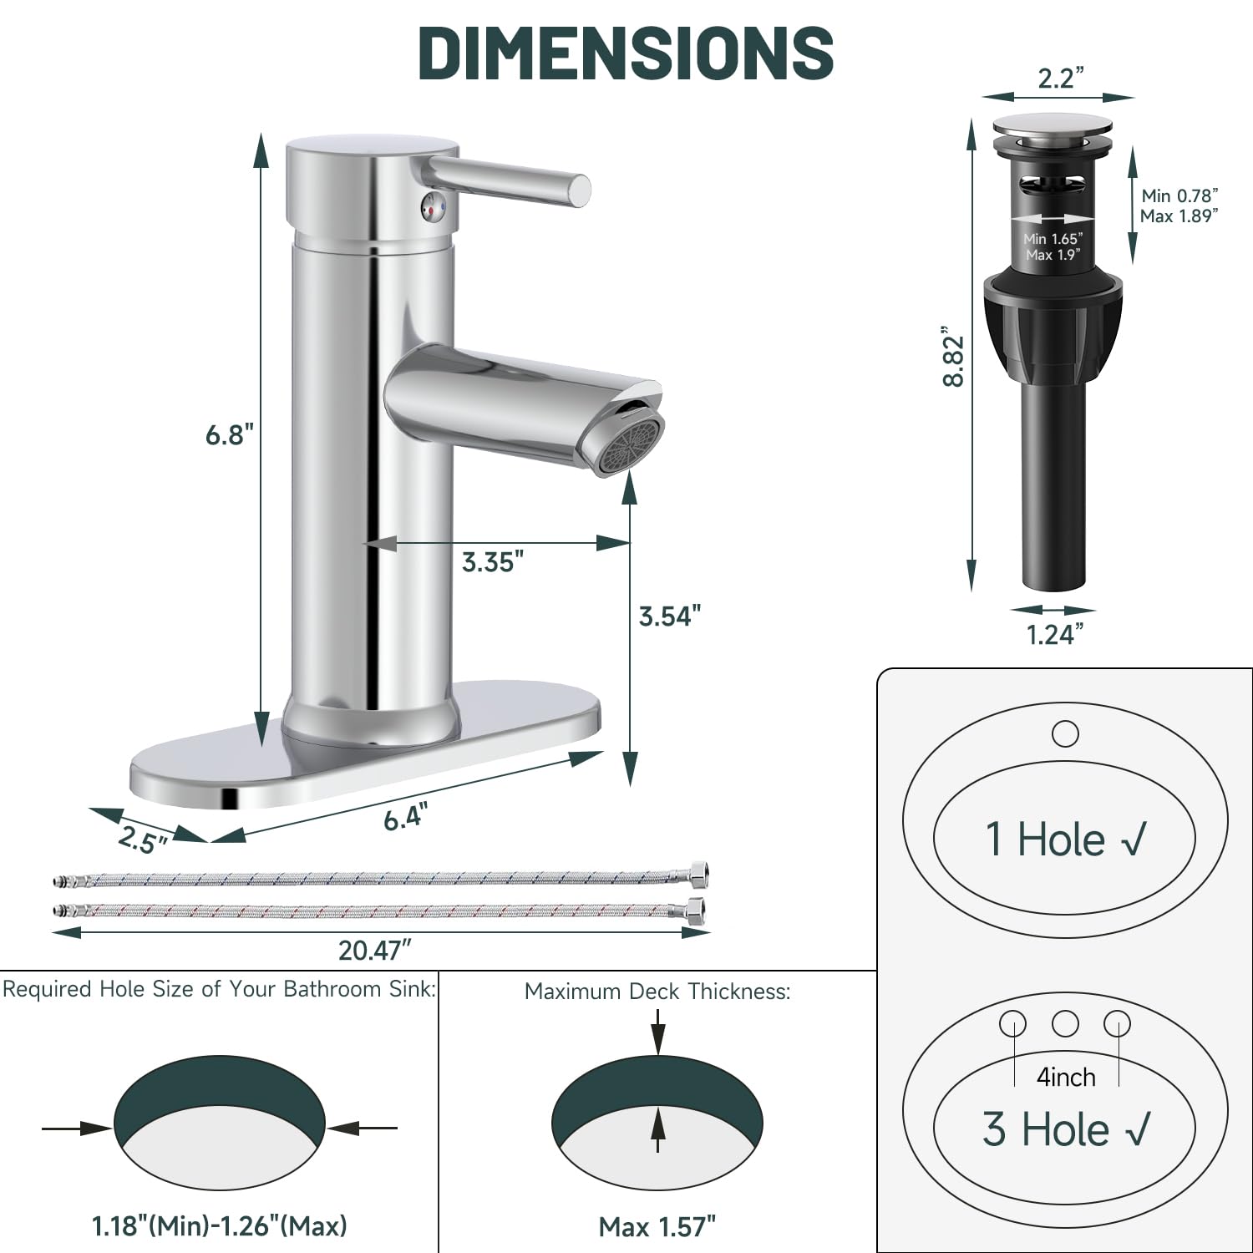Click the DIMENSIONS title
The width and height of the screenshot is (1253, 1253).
626,53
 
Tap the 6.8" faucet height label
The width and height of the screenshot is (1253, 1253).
230,434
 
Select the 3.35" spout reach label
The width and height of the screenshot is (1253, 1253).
493,562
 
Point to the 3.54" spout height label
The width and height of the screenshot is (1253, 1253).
669,616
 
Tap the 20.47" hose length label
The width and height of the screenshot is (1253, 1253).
375,950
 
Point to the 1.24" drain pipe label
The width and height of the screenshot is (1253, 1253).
1055,635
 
